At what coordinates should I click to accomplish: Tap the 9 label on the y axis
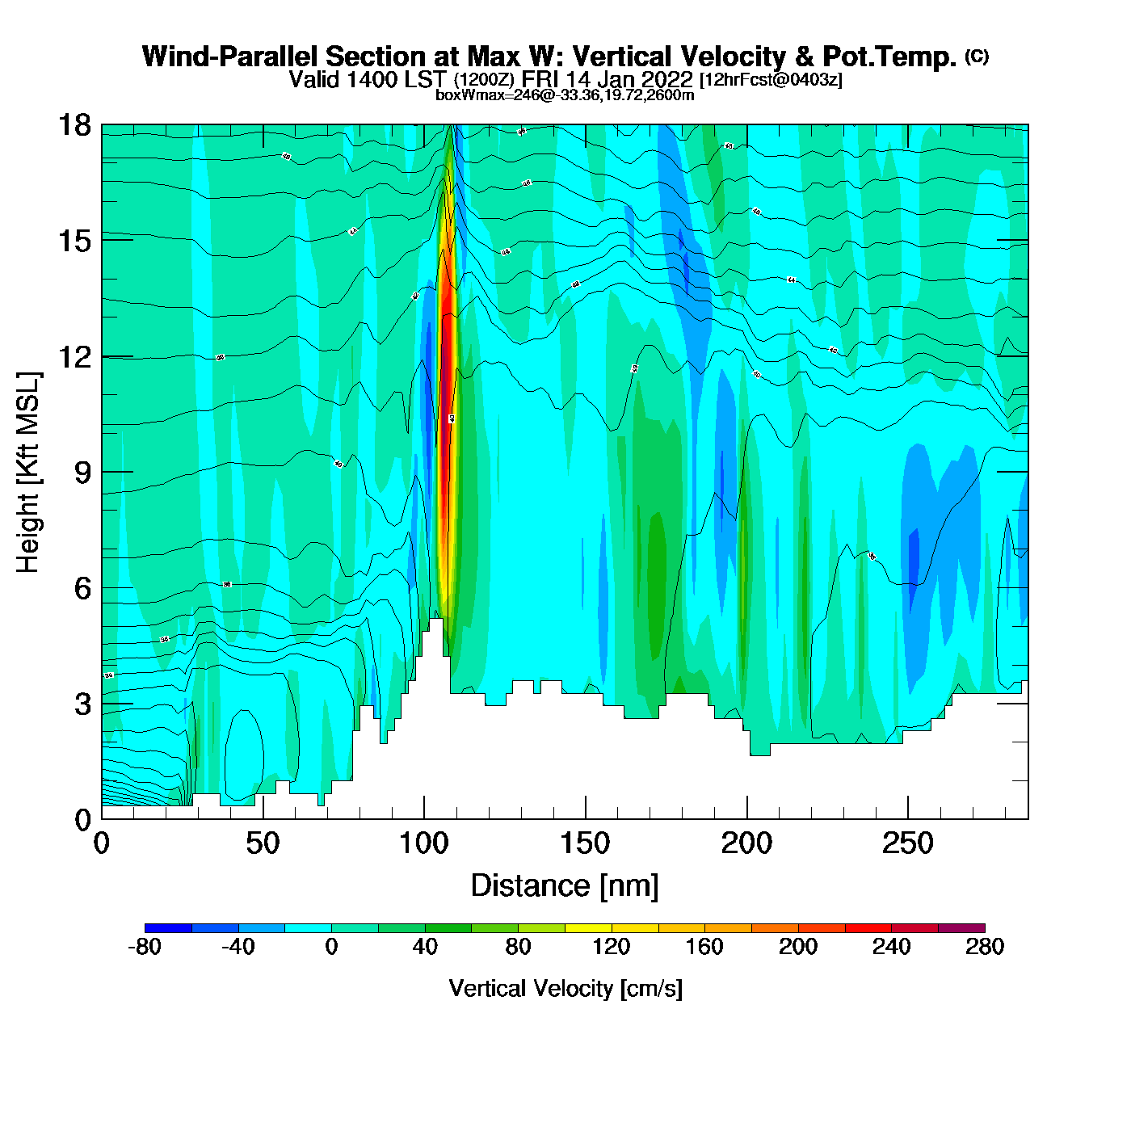coord(82,473)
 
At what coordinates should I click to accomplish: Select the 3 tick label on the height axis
coord(82,704)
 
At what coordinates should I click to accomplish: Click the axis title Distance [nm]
coord(565,886)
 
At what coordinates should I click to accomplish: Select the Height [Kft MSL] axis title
coord(29,473)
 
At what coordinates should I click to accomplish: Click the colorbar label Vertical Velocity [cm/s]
coord(565,989)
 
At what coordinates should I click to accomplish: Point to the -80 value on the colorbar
coord(145,948)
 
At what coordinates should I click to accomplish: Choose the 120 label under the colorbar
coord(612,948)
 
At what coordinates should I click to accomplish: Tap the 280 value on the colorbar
coord(985,948)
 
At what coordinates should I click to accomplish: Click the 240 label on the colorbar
coord(891,948)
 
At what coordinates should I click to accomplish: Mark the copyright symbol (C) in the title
coord(977,56)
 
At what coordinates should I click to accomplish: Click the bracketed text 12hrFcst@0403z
coord(771,80)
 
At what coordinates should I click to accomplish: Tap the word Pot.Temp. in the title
coord(889,57)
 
